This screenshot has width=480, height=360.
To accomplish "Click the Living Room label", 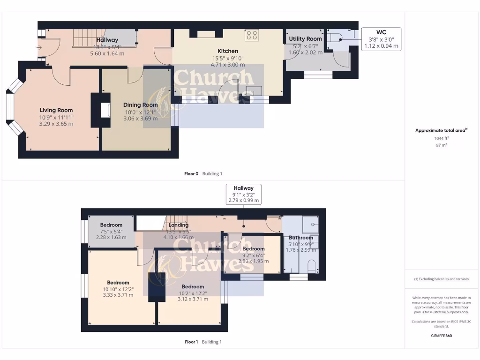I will click(x=56, y=110).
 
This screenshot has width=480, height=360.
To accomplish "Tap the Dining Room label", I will click(x=140, y=105).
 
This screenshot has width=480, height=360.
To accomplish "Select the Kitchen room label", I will click(x=227, y=51).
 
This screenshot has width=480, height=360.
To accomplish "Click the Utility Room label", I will click(x=305, y=39).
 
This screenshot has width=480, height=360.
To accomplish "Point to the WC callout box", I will click(x=381, y=39).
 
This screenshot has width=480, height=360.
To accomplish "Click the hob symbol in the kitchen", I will click(x=252, y=35).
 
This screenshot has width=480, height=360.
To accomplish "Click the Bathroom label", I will click(x=300, y=238).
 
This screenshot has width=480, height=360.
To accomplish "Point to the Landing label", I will click(x=178, y=225).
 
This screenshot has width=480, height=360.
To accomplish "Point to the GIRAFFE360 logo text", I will click(x=442, y=336).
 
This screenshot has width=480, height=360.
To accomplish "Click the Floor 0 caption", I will click(x=192, y=174).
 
